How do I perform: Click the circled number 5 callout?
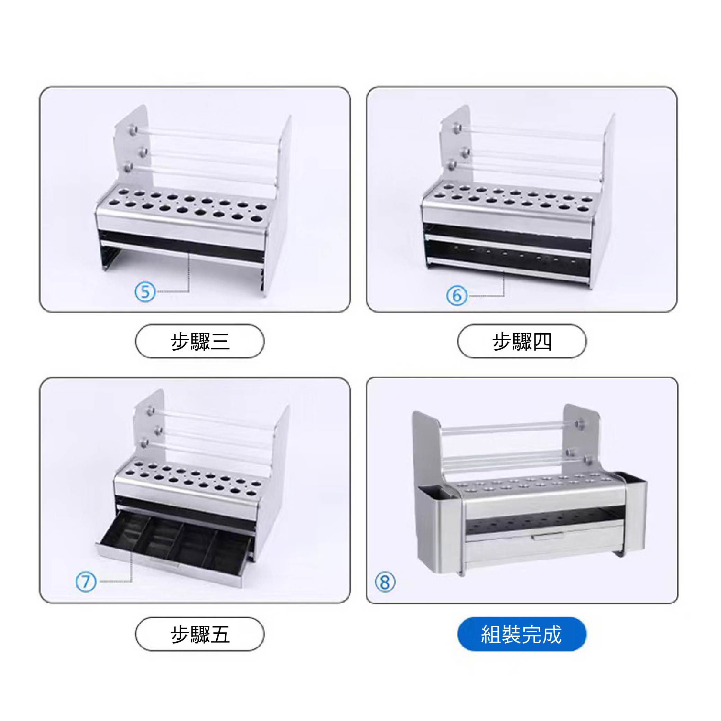145,291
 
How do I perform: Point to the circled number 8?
385,582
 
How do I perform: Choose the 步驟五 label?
200,634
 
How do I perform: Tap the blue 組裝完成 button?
522,634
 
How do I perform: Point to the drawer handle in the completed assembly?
548,536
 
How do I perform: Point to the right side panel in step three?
278,205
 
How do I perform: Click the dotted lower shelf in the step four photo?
507,256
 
